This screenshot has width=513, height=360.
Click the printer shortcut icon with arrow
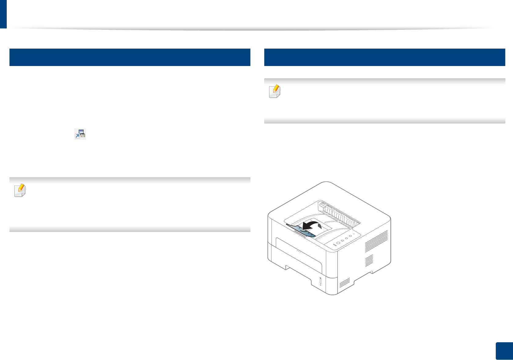click(80, 134)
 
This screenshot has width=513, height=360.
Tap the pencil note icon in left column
click(20, 190)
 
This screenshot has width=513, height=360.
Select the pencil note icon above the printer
click(275, 91)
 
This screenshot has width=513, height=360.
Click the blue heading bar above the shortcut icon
click(130, 57)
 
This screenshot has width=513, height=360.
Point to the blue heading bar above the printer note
click(384, 57)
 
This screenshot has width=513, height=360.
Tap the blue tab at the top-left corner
click(3, 14)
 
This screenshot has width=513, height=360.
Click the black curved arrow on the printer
click(312, 225)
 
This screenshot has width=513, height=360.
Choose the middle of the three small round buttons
click(346, 238)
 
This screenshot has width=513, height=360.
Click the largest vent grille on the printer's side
click(376, 242)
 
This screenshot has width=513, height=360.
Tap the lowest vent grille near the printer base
click(345, 283)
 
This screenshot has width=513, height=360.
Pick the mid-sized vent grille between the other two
click(369, 260)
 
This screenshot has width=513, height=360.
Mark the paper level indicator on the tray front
click(320, 281)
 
